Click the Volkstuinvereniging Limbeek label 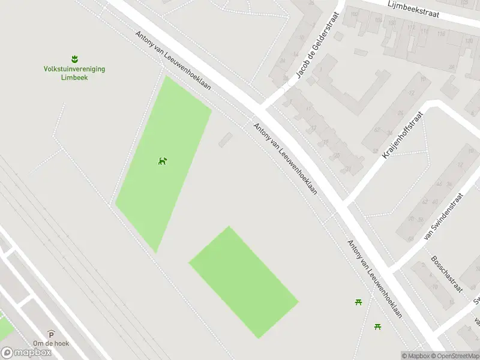(x=74, y=73)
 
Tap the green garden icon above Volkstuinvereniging (x=74, y=59)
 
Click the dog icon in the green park (x=162, y=160)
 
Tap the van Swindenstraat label (x=443, y=216)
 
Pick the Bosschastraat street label (x=446, y=274)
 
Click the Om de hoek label (x=51, y=343)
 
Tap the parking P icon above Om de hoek (x=51, y=334)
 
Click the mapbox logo (x=26, y=353)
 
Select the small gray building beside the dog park (x=225, y=140)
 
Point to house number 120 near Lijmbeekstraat (x=467, y=41)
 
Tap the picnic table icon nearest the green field (x=358, y=301)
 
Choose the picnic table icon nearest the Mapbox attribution (x=378, y=326)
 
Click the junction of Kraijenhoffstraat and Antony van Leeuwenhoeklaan (x=347, y=202)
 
